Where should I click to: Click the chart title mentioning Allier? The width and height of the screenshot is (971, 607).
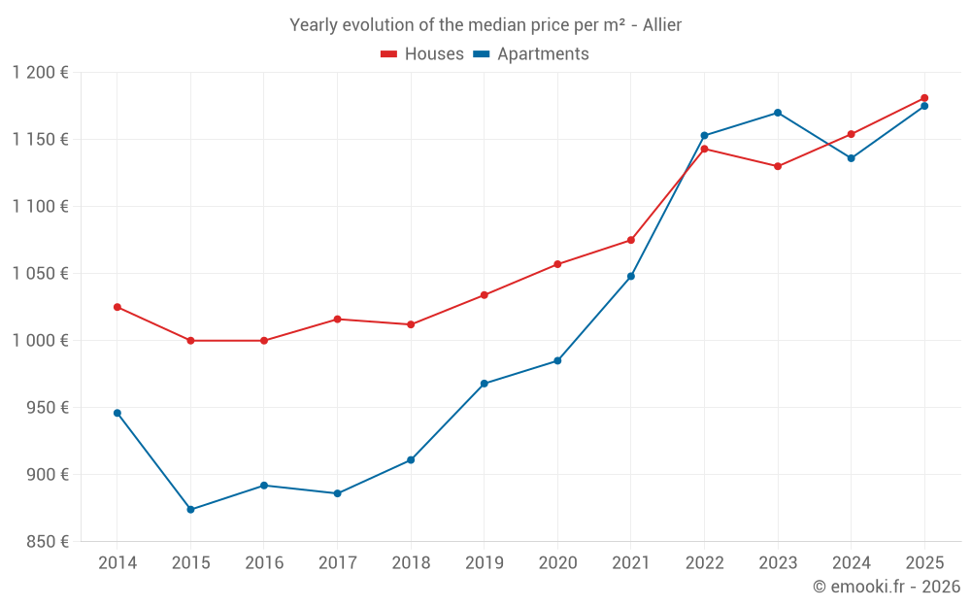(485, 25)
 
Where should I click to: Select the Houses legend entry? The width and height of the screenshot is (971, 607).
(422, 54)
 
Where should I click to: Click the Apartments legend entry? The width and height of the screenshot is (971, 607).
(531, 54)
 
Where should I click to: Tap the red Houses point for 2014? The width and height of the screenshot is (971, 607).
(117, 307)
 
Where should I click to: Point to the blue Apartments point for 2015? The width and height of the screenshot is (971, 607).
(190, 510)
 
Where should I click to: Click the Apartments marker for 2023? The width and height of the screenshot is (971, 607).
(778, 113)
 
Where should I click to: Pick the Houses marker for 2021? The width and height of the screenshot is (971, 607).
(631, 240)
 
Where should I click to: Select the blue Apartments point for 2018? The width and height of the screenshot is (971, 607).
(411, 460)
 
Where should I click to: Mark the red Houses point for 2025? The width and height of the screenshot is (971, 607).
(924, 98)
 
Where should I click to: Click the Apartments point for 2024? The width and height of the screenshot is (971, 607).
(852, 158)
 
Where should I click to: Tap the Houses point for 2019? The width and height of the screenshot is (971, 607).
(485, 295)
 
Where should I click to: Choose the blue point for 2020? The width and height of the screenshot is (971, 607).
(557, 361)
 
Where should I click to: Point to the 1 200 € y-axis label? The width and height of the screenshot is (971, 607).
(41, 73)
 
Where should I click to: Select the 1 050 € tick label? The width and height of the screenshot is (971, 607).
(41, 274)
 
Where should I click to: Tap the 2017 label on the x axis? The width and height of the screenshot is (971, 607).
(337, 563)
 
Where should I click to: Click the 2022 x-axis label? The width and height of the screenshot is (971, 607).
(704, 563)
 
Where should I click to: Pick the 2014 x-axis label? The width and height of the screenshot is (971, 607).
(117, 563)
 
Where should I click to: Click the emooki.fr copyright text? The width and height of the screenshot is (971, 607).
(886, 587)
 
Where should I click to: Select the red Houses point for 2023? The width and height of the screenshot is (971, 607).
(778, 166)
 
